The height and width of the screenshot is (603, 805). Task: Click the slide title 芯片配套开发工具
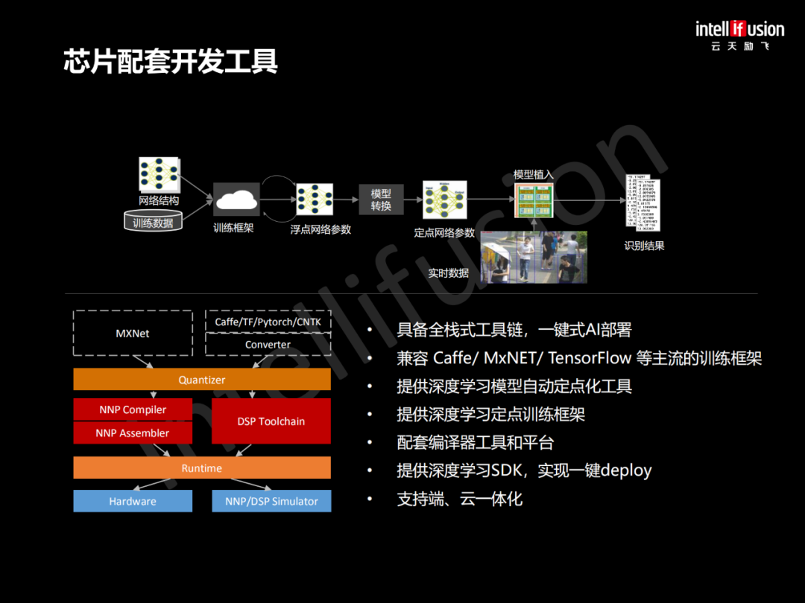tap(171, 62)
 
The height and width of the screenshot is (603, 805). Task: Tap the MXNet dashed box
tap(133, 334)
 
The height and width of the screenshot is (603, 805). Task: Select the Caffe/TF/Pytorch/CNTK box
tap(268, 322)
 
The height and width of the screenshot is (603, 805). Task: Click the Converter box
tap(268, 345)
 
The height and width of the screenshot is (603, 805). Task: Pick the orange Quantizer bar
tap(202, 380)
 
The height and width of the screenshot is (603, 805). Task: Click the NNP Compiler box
tap(133, 409)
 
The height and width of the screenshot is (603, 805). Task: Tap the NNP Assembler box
tap(133, 433)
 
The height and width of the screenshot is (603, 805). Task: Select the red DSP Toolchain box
tap(271, 421)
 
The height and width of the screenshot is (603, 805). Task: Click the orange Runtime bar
tap(202, 468)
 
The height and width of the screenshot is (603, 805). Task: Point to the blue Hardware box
tap(133, 501)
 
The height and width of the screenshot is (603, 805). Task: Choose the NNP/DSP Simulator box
tap(271, 501)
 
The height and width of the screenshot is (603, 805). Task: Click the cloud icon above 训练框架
tap(236, 200)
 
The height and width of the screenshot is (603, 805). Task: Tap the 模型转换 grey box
tap(381, 200)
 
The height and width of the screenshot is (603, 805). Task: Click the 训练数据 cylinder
tap(153, 222)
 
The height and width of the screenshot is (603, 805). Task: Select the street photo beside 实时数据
tap(534, 257)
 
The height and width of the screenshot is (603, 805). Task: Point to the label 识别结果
tap(644, 246)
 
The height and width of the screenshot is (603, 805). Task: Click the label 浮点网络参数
tap(321, 229)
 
